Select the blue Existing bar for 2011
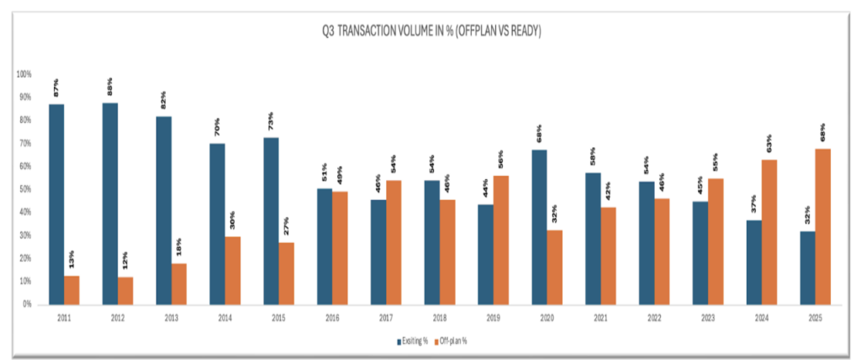tap(56, 204)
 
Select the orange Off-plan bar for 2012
tap(125, 290)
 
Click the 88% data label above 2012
tap(110, 87)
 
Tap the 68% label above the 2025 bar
tap(823, 134)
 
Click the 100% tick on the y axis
tap(24, 74)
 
